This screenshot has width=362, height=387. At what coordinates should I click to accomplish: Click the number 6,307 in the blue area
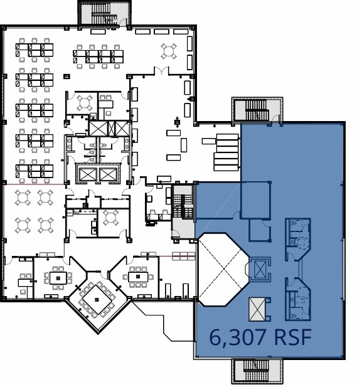[x=238, y=337]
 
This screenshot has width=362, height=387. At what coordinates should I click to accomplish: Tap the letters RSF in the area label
[x=292, y=337]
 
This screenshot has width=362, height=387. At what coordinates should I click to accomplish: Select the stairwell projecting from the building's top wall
[x=104, y=13]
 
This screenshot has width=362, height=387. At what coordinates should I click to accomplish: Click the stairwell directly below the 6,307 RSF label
[x=257, y=371]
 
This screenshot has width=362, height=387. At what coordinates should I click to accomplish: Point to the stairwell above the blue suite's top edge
[x=257, y=110]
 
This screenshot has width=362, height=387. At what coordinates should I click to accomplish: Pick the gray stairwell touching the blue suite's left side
[x=183, y=211]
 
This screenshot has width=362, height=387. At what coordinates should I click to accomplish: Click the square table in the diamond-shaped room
[x=97, y=300]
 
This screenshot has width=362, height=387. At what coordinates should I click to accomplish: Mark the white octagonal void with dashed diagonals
[x=224, y=270]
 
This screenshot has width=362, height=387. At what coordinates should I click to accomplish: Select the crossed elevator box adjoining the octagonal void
[x=260, y=269]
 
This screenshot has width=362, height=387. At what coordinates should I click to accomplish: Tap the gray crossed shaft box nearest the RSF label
[x=257, y=309]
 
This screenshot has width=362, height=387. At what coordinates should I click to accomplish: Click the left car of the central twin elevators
[x=87, y=174]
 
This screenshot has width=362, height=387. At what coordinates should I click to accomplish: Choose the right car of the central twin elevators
[x=108, y=174]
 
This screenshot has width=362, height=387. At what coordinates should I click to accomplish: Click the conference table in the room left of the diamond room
[x=58, y=278]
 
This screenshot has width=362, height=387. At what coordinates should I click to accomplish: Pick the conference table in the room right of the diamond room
[x=138, y=277]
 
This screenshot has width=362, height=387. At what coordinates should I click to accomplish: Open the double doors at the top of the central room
[x=162, y=71]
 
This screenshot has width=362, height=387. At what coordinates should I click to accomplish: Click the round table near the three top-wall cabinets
[x=169, y=51]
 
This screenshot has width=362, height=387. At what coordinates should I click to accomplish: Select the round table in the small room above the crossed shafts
[x=85, y=103]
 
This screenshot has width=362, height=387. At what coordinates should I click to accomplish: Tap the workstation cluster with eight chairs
[x=98, y=56]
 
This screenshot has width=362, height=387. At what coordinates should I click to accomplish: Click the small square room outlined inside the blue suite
[x=255, y=200]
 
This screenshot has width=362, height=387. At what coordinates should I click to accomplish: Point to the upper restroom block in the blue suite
[x=298, y=239]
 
